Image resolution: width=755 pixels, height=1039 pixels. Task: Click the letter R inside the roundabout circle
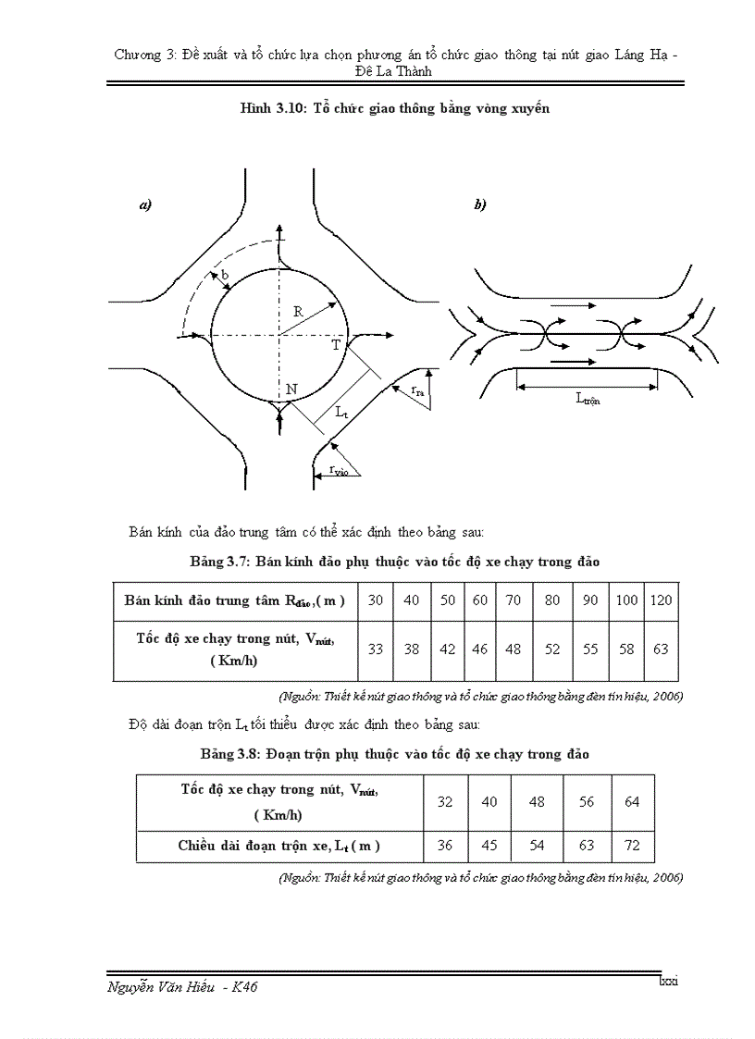click(x=298, y=313)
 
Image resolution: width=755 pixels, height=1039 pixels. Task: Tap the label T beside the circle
click(x=337, y=345)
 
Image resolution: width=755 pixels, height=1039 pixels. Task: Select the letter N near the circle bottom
click(x=291, y=390)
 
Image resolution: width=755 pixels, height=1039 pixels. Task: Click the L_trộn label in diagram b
click(x=587, y=400)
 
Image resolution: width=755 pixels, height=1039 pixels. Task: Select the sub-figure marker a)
click(x=144, y=205)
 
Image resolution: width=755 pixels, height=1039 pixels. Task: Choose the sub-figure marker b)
click(x=479, y=205)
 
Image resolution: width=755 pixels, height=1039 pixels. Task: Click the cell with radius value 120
click(x=661, y=600)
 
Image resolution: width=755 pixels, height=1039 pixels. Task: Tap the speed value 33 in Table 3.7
click(x=376, y=649)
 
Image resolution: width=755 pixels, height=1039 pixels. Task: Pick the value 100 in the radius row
click(x=626, y=600)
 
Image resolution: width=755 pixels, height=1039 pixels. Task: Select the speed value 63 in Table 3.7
click(x=661, y=649)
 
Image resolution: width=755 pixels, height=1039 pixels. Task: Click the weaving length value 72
click(x=632, y=846)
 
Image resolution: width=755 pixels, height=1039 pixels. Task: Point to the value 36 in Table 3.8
click(x=445, y=846)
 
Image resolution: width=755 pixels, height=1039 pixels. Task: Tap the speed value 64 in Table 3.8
click(x=632, y=802)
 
